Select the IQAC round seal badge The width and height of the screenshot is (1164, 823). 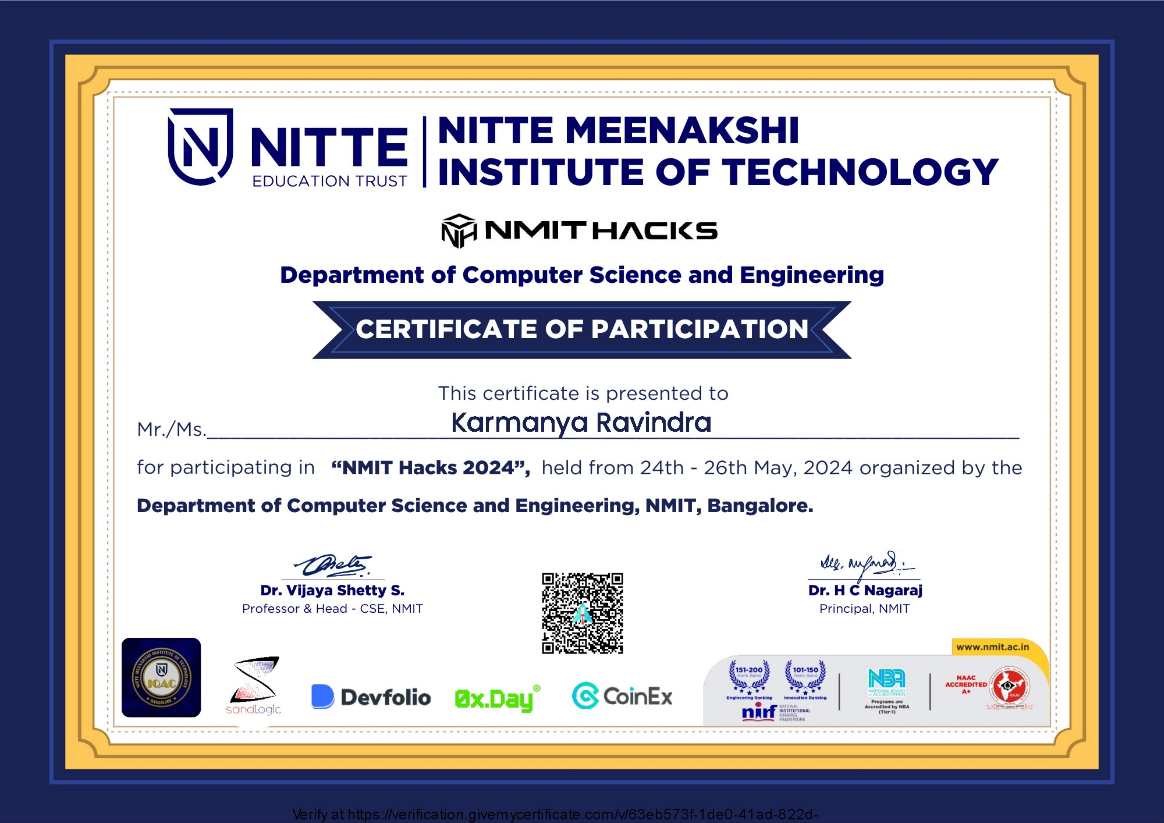[161, 678]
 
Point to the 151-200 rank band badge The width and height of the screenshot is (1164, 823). [749, 677]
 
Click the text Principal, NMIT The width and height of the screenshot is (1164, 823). [864, 609]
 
